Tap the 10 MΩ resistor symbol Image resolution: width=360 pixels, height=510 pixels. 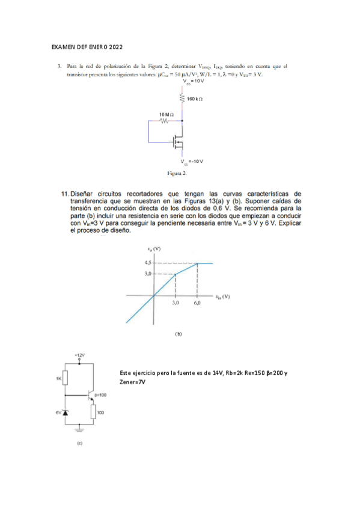pos(166,120)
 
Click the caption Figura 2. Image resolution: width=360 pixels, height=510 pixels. pos(177,173)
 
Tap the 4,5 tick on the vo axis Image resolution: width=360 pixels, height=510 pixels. pos(148,263)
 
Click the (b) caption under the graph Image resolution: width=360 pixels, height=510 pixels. pos(178,333)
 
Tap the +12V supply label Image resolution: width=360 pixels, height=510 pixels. pos(79,356)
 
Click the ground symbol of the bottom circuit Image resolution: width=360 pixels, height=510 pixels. pos(79,428)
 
